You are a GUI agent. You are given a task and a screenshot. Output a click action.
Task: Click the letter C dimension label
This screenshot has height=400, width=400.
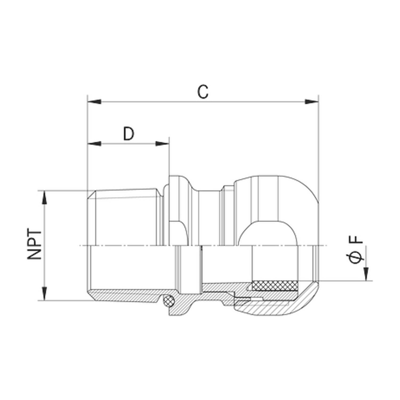203,92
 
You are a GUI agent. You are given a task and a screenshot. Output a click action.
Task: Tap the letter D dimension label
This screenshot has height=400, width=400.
129,134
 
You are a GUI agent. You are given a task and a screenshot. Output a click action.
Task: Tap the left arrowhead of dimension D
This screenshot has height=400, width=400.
95,143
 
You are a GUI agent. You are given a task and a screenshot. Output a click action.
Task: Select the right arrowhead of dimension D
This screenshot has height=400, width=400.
162,143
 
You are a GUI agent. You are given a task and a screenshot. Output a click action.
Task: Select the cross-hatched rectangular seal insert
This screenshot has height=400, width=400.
275,286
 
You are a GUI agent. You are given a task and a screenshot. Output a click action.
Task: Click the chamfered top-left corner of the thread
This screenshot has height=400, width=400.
91,194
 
